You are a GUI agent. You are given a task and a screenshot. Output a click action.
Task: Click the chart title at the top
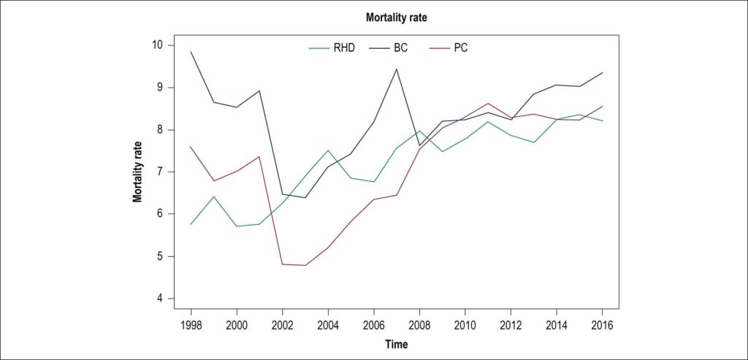[397, 18]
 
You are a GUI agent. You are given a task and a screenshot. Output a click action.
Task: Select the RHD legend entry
[332, 48]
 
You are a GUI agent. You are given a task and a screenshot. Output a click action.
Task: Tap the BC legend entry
[389, 48]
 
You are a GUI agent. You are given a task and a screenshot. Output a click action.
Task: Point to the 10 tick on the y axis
[156, 45]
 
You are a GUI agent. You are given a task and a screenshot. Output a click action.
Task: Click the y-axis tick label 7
[159, 172]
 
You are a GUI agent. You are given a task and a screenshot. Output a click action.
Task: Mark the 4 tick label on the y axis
[159, 299]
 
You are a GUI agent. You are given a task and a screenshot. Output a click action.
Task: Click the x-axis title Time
[397, 344]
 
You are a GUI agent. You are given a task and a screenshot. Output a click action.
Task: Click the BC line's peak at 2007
[397, 69]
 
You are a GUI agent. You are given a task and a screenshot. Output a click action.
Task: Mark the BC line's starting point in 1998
[191, 52]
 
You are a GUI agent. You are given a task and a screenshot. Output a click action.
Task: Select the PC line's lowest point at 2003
[305, 265]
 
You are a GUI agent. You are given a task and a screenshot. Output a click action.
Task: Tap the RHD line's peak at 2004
[328, 150]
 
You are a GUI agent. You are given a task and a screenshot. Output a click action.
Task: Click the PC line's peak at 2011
[488, 103]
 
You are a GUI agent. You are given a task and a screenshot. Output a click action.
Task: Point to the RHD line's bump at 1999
[214, 196]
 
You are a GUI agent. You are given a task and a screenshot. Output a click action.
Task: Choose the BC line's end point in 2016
[602, 72]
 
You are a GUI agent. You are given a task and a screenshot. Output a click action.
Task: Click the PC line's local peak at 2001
[259, 156]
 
